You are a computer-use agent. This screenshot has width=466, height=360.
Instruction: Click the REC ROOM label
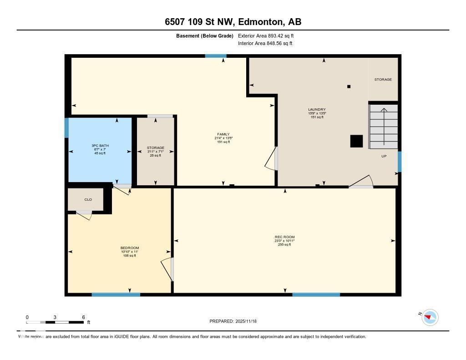click(x=284, y=237)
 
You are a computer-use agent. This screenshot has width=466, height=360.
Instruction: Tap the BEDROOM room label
click(x=130, y=248)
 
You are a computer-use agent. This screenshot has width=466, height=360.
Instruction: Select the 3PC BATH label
click(x=100, y=146)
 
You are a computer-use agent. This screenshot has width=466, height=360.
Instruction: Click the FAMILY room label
click(x=223, y=134)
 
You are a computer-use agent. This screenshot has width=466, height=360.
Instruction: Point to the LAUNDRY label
click(x=317, y=109)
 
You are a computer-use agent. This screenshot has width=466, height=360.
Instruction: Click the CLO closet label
click(x=88, y=199)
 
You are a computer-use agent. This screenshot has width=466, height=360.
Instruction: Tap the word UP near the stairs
click(x=384, y=156)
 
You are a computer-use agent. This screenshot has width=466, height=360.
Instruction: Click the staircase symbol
click(x=383, y=127)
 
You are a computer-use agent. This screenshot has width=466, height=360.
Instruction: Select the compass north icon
click(x=430, y=317)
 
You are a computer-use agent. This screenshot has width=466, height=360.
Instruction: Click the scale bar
click(x=55, y=322)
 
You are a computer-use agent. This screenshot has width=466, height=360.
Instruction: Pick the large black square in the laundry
click(x=356, y=142)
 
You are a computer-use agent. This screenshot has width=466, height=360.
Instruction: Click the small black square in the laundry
click(x=349, y=86)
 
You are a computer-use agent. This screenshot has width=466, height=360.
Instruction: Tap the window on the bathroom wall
click(x=66, y=128)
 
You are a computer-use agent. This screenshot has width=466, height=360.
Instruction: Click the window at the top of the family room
click(x=216, y=56)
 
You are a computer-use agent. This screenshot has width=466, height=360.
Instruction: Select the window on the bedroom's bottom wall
click(x=116, y=295)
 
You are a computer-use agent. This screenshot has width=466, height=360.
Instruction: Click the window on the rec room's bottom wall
click(x=316, y=295)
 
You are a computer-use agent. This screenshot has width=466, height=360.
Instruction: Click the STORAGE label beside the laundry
click(x=383, y=80)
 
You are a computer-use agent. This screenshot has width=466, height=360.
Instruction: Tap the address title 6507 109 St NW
click(x=233, y=22)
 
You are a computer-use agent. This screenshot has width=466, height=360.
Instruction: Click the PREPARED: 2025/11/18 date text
click(x=233, y=321)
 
